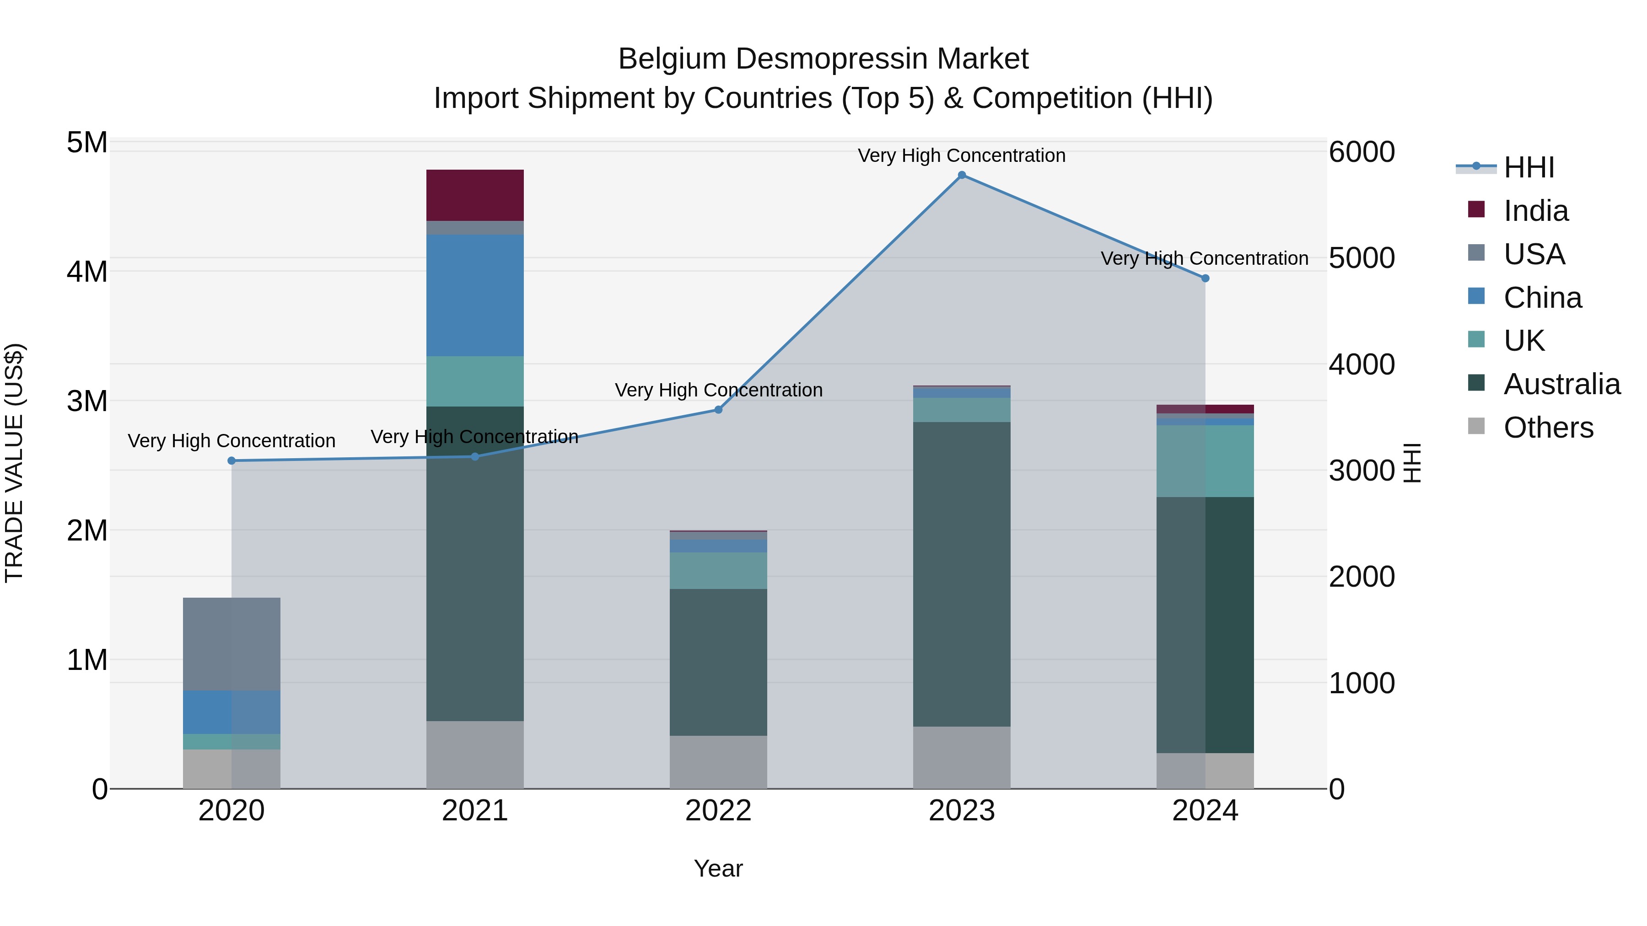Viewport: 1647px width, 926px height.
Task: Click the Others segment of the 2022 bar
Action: (718, 762)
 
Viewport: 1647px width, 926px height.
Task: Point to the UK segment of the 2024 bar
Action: (1205, 461)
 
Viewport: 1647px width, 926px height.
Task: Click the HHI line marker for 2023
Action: (962, 175)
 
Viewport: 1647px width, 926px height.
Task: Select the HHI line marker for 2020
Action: (231, 461)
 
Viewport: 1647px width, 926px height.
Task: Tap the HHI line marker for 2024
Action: (1205, 278)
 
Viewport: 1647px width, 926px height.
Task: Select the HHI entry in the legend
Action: (1528, 167)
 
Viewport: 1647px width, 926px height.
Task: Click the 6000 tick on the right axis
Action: (1361, 152)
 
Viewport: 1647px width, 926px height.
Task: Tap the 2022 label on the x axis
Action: (718, 811)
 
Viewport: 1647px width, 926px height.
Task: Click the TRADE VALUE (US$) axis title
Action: (14, 463)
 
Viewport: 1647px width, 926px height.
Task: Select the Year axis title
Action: (718, 868)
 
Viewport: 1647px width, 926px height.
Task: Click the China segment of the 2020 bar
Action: (231, 712)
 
